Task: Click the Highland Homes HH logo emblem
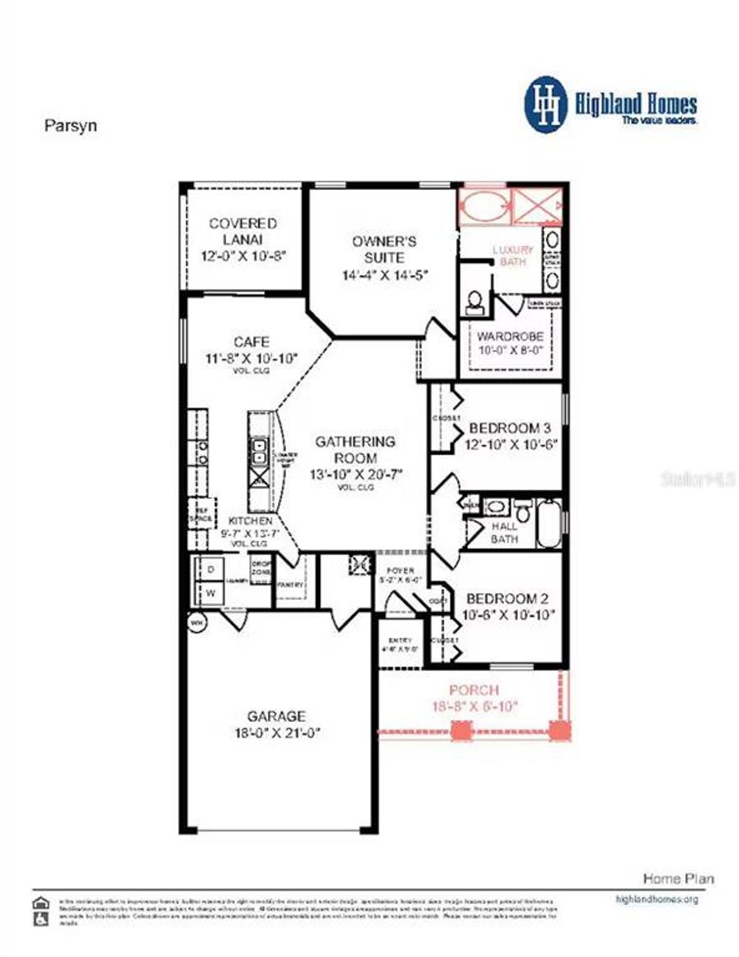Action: pos(545,104)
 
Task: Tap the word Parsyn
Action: pos(70,126)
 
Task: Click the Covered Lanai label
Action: pos(243,231)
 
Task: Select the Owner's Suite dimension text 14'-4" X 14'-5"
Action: pos(384,275)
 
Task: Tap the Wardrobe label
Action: pos(510,336)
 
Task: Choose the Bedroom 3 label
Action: pos(510,428)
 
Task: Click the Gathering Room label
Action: pos(355,450)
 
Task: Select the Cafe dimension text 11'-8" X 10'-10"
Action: pos(251,358)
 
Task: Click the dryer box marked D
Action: pos(211,569)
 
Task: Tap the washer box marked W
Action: pos(211,593)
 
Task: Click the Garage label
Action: pos(276,716)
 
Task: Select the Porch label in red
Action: pos(474,690)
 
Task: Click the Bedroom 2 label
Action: pos(507,599)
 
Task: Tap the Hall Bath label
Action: pos(504,533)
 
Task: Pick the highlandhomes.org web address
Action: pos(657,899)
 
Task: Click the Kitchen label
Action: pos(250,521)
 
